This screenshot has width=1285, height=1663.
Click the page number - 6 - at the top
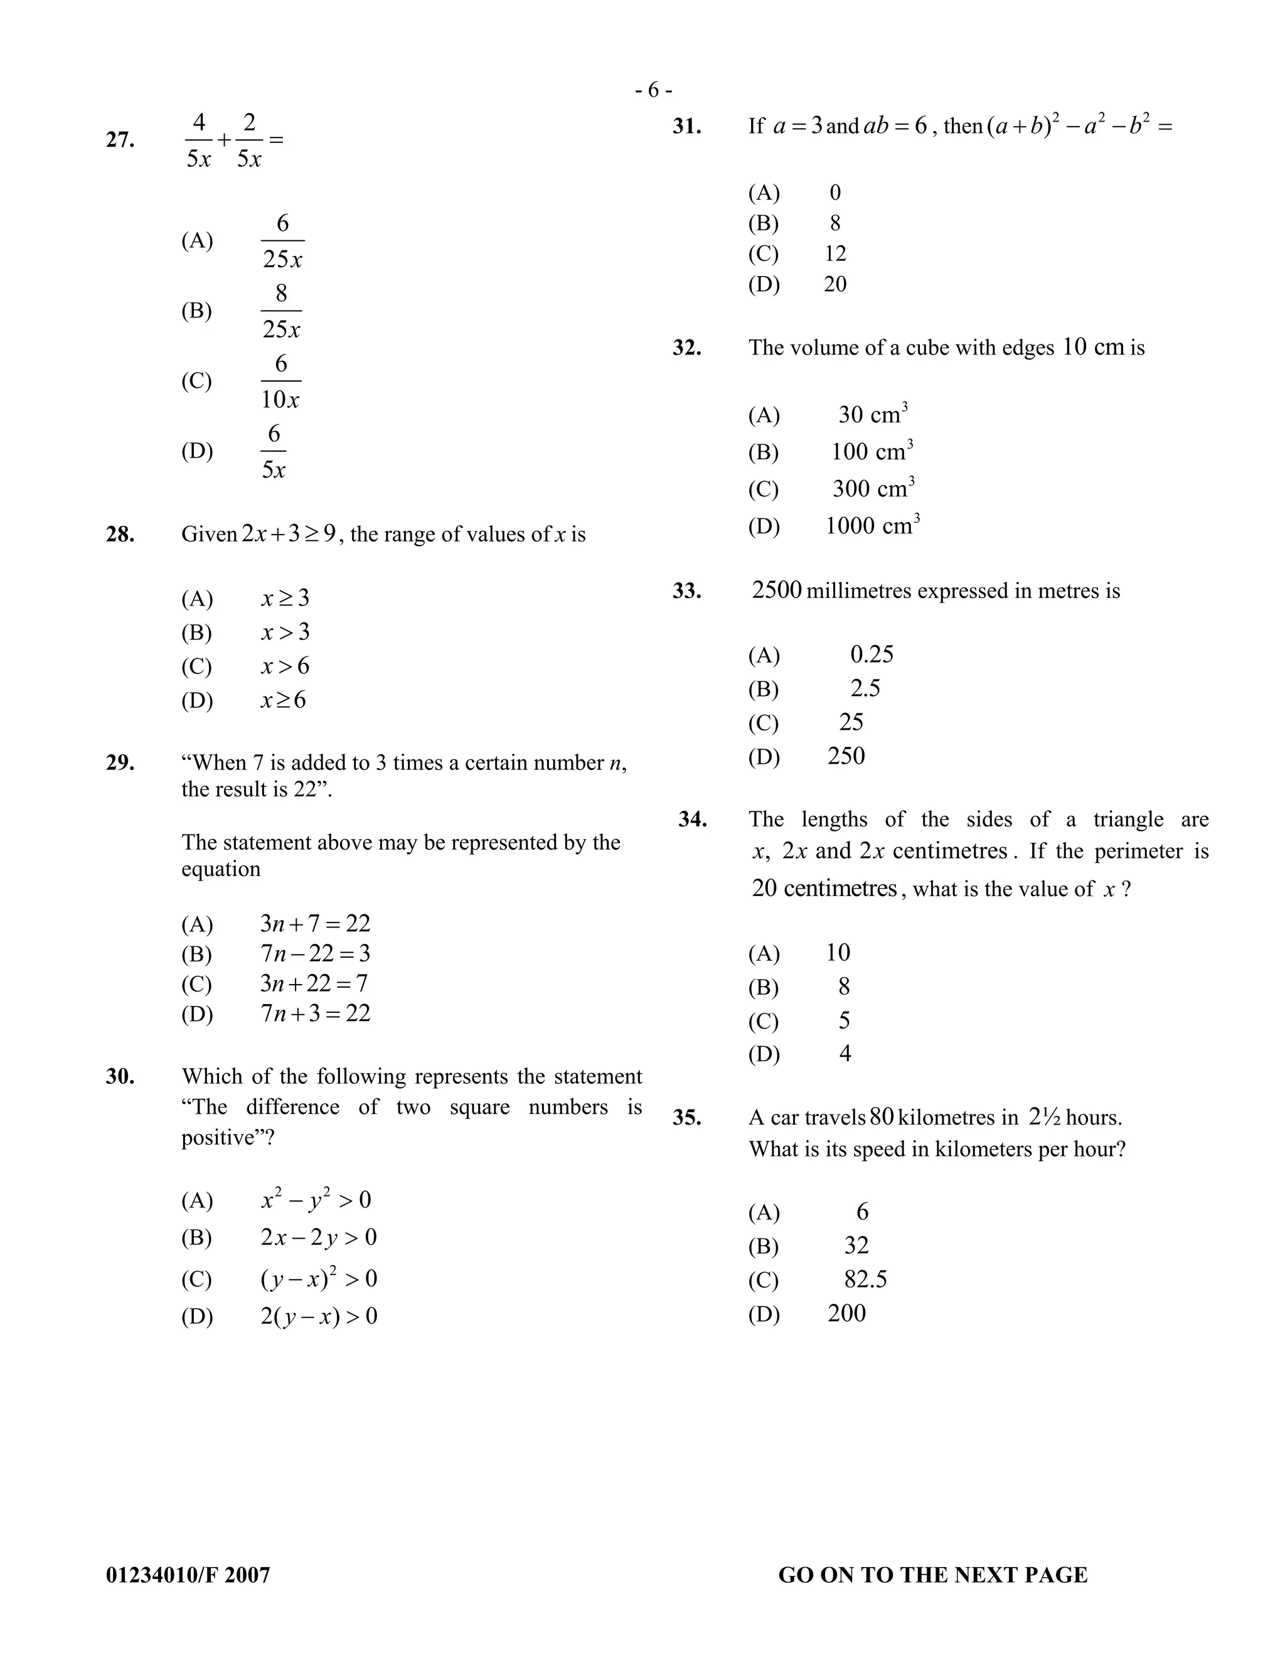click(653, 90)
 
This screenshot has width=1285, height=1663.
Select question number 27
click(120, 140)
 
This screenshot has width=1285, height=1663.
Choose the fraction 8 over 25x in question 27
click(281, 311)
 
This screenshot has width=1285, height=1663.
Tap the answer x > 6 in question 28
click(285, 666)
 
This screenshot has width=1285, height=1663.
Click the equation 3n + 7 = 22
click(314, 924)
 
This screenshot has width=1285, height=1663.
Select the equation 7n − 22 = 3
click(314, 953)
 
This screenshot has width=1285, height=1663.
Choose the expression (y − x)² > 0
click(318, 1278)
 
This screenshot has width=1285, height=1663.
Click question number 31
click(686, 126)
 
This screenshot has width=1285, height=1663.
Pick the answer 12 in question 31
click(835, 254)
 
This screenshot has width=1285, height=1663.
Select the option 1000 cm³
click(872, 525)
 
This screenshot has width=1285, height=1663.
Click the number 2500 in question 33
click(777, 590)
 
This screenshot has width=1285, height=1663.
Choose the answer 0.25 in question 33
click(872, 654)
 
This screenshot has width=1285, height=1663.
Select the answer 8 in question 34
click(843, 987)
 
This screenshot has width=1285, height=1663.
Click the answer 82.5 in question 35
click(865, 1279)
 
